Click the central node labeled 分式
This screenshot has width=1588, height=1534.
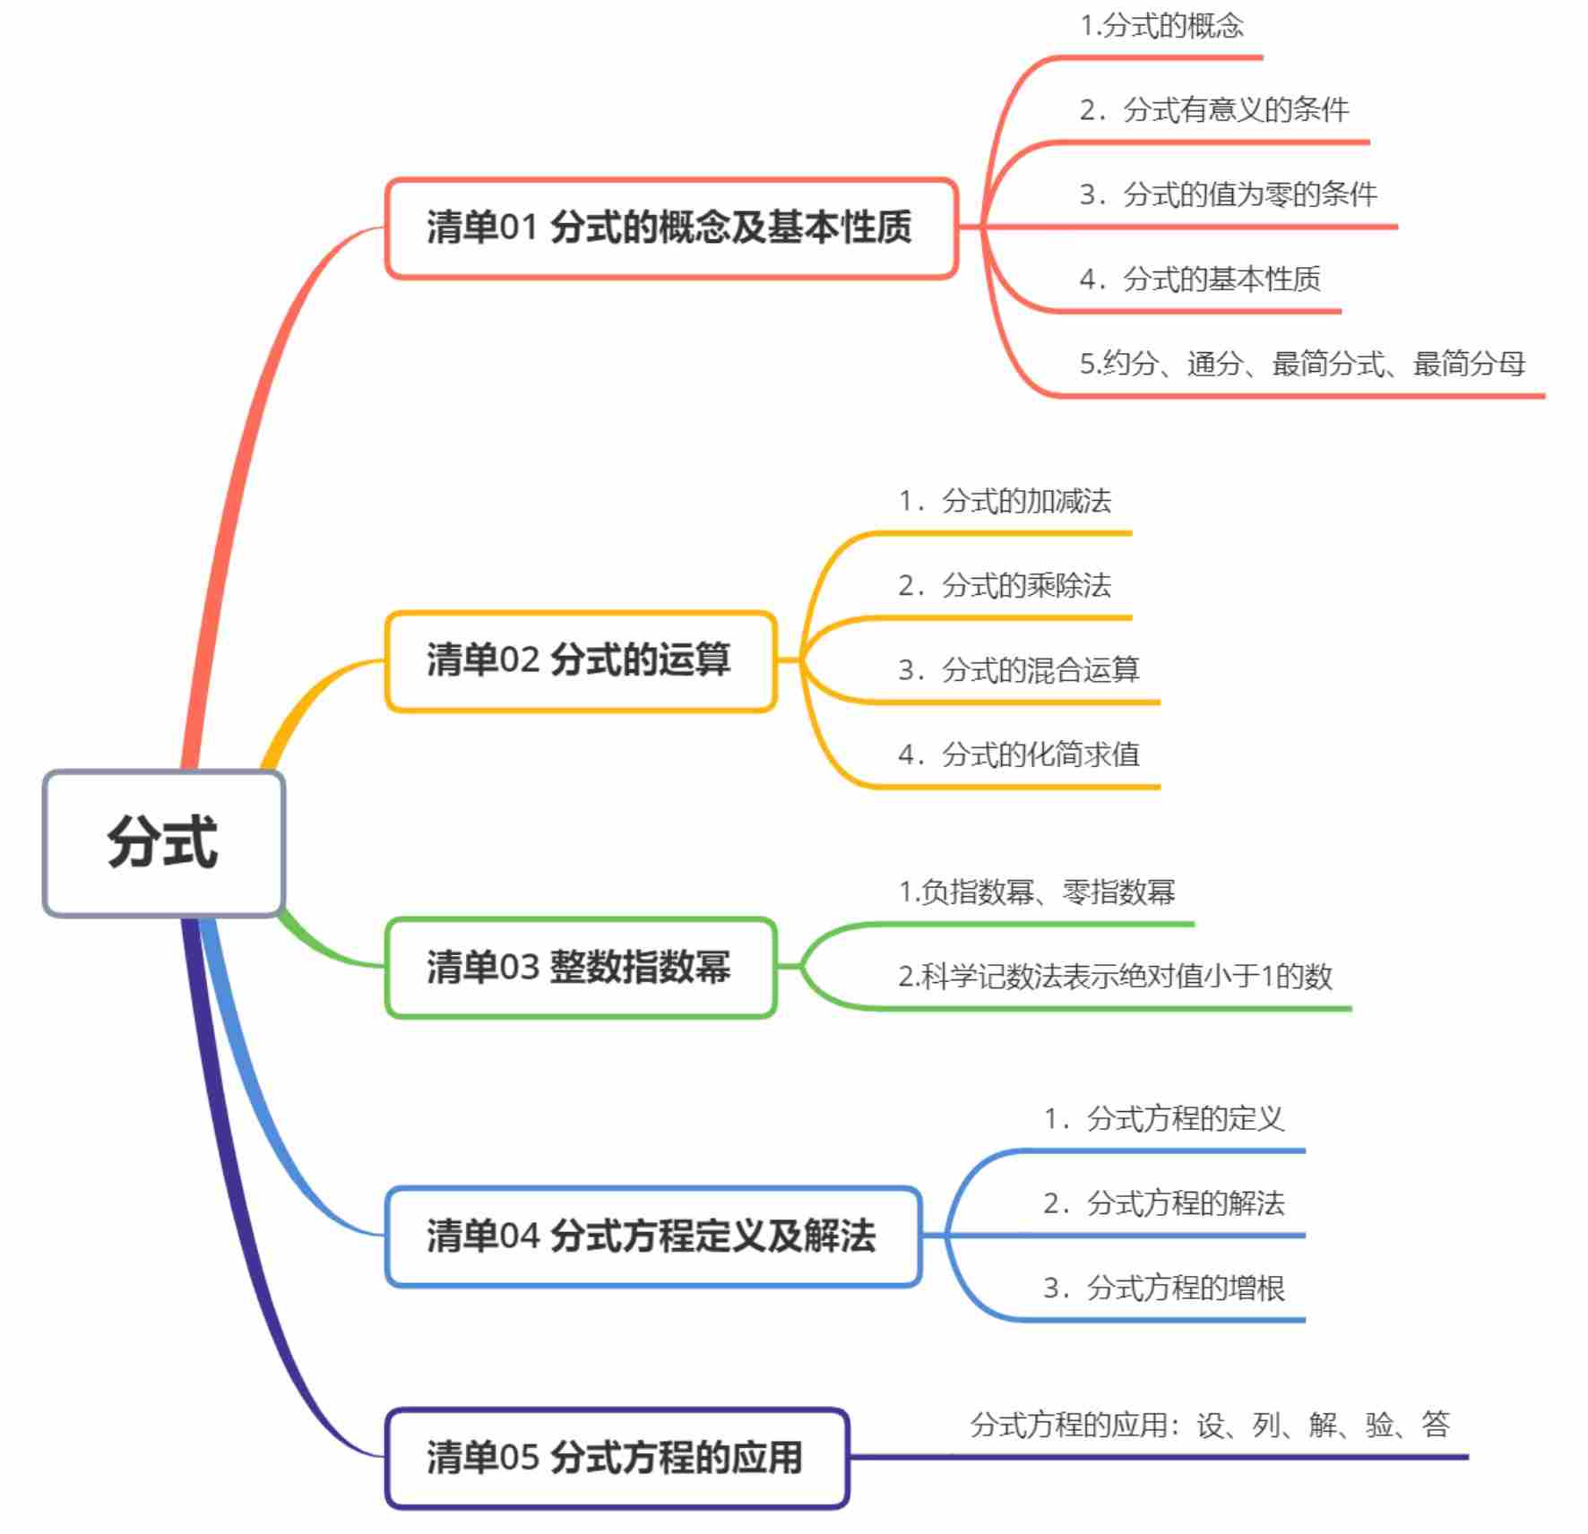point(163,842)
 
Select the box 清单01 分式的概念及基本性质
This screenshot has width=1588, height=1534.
point(670,228)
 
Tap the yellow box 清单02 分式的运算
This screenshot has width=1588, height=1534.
point(580,660)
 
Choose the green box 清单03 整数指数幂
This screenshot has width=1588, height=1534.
point(580,967)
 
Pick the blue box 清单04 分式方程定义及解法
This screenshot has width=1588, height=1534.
point(652,1237)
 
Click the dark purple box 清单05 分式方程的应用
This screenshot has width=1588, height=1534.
point(616,1457)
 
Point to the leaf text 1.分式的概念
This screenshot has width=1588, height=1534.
point(1161,26)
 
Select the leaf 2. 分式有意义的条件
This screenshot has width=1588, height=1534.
point(1213,110)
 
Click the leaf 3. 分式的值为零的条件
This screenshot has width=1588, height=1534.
point(1228,194)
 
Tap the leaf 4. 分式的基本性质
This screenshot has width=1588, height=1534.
point(1199,280)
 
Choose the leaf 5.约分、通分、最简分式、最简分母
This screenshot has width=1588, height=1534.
point(1301,364)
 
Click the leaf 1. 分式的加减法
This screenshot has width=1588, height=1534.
point(1005,501)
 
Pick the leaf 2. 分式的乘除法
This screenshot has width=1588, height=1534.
point(1005,586)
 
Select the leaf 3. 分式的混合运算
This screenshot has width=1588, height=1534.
point(1019,670)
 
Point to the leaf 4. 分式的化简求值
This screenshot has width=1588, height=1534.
point(1019,754)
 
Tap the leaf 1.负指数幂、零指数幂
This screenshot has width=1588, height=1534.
point(1037,892)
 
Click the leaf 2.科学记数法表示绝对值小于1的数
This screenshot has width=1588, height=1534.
point(1115,977)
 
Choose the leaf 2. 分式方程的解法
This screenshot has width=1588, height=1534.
point(1163,1203)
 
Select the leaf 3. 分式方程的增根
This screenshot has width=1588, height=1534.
point(1163,1288)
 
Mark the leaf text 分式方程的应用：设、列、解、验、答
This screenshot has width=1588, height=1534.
point(1210,1425)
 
